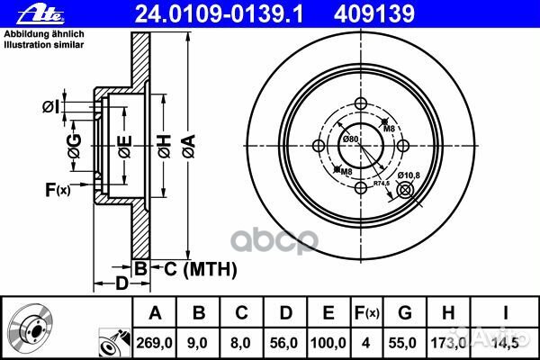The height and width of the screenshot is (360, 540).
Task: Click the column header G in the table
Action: point(407,313)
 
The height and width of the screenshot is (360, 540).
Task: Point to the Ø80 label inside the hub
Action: point(351,139)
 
